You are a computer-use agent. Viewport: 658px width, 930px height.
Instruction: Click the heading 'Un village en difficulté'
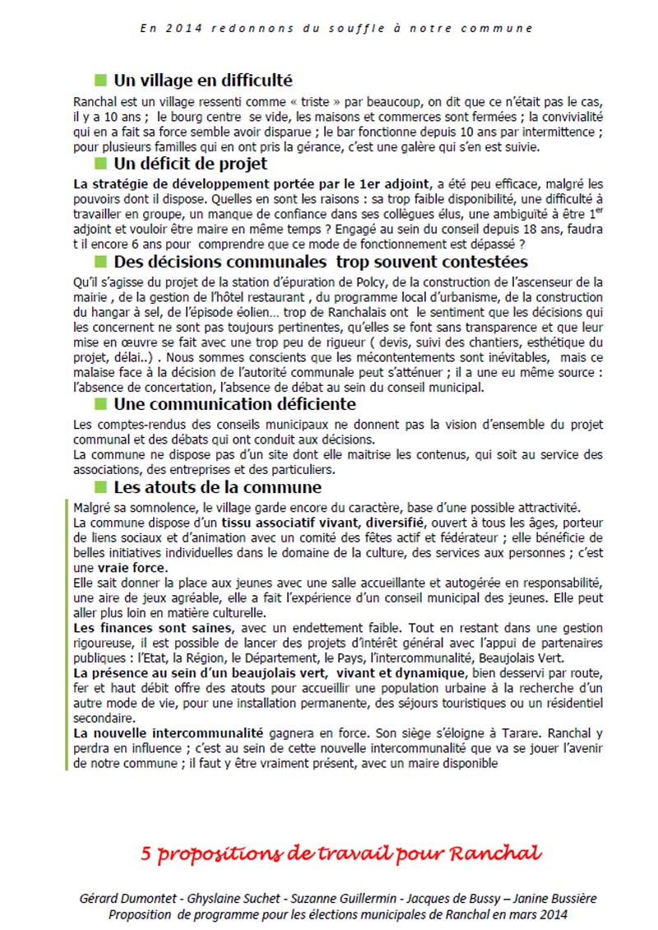(202, 81)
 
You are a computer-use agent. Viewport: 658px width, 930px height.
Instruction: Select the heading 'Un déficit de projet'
(190, 164)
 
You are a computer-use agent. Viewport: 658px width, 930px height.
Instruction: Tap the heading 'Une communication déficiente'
(234, 404)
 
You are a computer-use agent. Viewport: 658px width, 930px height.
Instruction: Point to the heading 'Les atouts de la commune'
(217, 487)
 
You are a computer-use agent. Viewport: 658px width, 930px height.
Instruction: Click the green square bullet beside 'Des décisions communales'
(101, 262)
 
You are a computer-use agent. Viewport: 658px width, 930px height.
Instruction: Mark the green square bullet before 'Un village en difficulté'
(101, 80)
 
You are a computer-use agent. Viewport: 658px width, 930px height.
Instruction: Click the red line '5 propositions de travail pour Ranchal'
(341, 853)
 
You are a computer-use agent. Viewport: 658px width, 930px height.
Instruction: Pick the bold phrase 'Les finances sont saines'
(143, 629)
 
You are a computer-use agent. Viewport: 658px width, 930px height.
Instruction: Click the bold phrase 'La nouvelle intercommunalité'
(168, 732)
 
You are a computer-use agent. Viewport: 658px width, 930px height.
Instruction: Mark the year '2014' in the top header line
(178, 28)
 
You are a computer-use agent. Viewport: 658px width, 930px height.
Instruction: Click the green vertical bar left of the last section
(67, 634)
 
